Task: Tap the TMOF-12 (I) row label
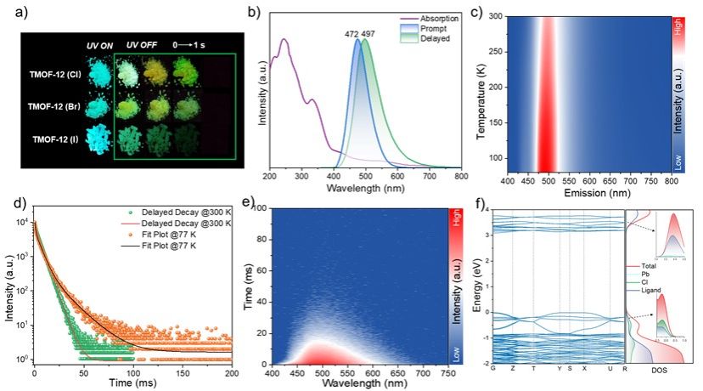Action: click(x=61, y=138)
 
